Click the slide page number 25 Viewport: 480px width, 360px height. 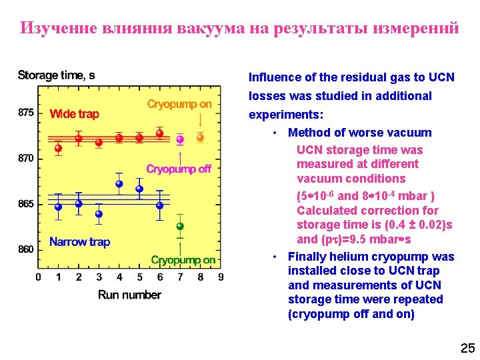point(466,347)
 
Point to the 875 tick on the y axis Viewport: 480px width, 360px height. point(26,113)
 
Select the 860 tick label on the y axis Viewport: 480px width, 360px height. point(26,249)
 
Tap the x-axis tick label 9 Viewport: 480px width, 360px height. point(220,277)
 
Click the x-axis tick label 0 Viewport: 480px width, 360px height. point(38,277)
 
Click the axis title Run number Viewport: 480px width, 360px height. point(129,294)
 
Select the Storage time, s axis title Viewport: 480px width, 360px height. point(57,75)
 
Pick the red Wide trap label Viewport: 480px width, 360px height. point(74,114)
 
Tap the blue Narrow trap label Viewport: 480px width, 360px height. point(80,241)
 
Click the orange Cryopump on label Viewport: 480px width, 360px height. point(179,104)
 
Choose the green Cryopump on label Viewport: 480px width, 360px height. point(183,260)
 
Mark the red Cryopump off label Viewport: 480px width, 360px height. point(179,169)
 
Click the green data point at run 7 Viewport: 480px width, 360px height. point(180,227)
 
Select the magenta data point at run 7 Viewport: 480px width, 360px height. point(180,139)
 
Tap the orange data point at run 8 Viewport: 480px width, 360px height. point(200,137)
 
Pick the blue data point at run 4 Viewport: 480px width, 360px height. point(119,183)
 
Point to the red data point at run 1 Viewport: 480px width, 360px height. point(58,147)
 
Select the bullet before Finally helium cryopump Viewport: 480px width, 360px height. point(275,257)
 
